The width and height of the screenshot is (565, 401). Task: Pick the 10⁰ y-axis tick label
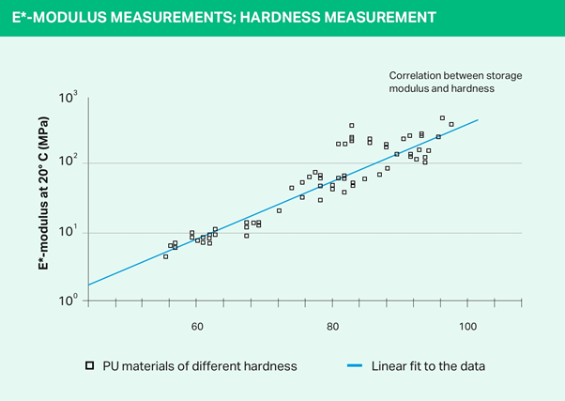pyautogui.click(x=68, y=301)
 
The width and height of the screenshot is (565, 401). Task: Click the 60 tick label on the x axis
pyautogui.click(x=197, y=327)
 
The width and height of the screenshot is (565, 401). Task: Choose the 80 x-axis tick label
pyautogui.click(x=332, y=327)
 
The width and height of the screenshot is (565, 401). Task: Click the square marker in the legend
pyautogui.click(x=89, y=365)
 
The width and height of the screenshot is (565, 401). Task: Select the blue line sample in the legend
pyautogui.click(x=353, y=365)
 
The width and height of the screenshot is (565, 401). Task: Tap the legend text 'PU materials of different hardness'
pyautogui.click(x=188, y=365)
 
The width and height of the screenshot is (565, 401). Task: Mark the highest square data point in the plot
pyautogui.click(x=442, y=118)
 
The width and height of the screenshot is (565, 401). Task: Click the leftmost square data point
pyautogui.click(x=166, y=256)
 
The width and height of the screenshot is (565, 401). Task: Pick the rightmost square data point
pyautogui.click(x=451, y=124)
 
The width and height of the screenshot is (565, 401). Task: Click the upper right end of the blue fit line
pyautogui.click(x=479, y=119)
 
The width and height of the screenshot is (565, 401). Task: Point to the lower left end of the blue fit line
pyautogui.click(x=88, y=285)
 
